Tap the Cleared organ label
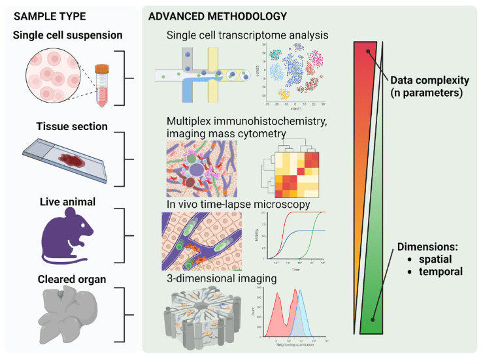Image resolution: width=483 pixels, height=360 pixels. [x=63, y=279]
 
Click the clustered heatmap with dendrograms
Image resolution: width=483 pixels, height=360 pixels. [x=291, y=171]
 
